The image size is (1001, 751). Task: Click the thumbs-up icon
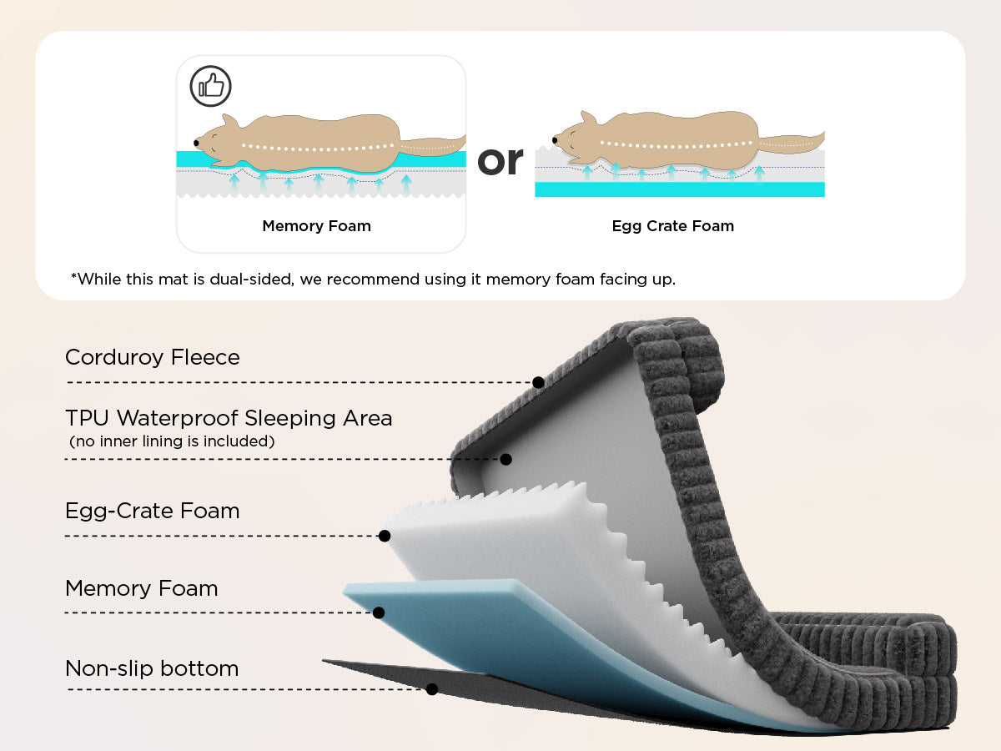210,85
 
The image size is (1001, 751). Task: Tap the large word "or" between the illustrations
500,159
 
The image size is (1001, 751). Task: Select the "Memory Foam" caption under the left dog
316,226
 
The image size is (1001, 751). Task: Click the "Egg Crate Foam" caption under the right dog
672,226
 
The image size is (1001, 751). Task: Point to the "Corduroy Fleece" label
153,357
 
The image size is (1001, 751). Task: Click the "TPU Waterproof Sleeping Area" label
229,418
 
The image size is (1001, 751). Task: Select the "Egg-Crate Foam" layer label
153,511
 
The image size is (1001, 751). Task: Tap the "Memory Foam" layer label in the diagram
142,588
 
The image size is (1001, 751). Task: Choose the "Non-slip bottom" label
152,668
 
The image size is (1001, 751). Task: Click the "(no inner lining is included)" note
171,441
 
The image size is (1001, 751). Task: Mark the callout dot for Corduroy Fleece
539,382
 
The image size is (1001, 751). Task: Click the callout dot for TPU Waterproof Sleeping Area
506,459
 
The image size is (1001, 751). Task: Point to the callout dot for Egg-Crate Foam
385,536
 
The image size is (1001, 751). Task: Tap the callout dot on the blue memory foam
379,612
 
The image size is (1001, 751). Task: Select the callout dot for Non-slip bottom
432,689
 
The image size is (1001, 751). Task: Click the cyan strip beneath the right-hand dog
679,189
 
